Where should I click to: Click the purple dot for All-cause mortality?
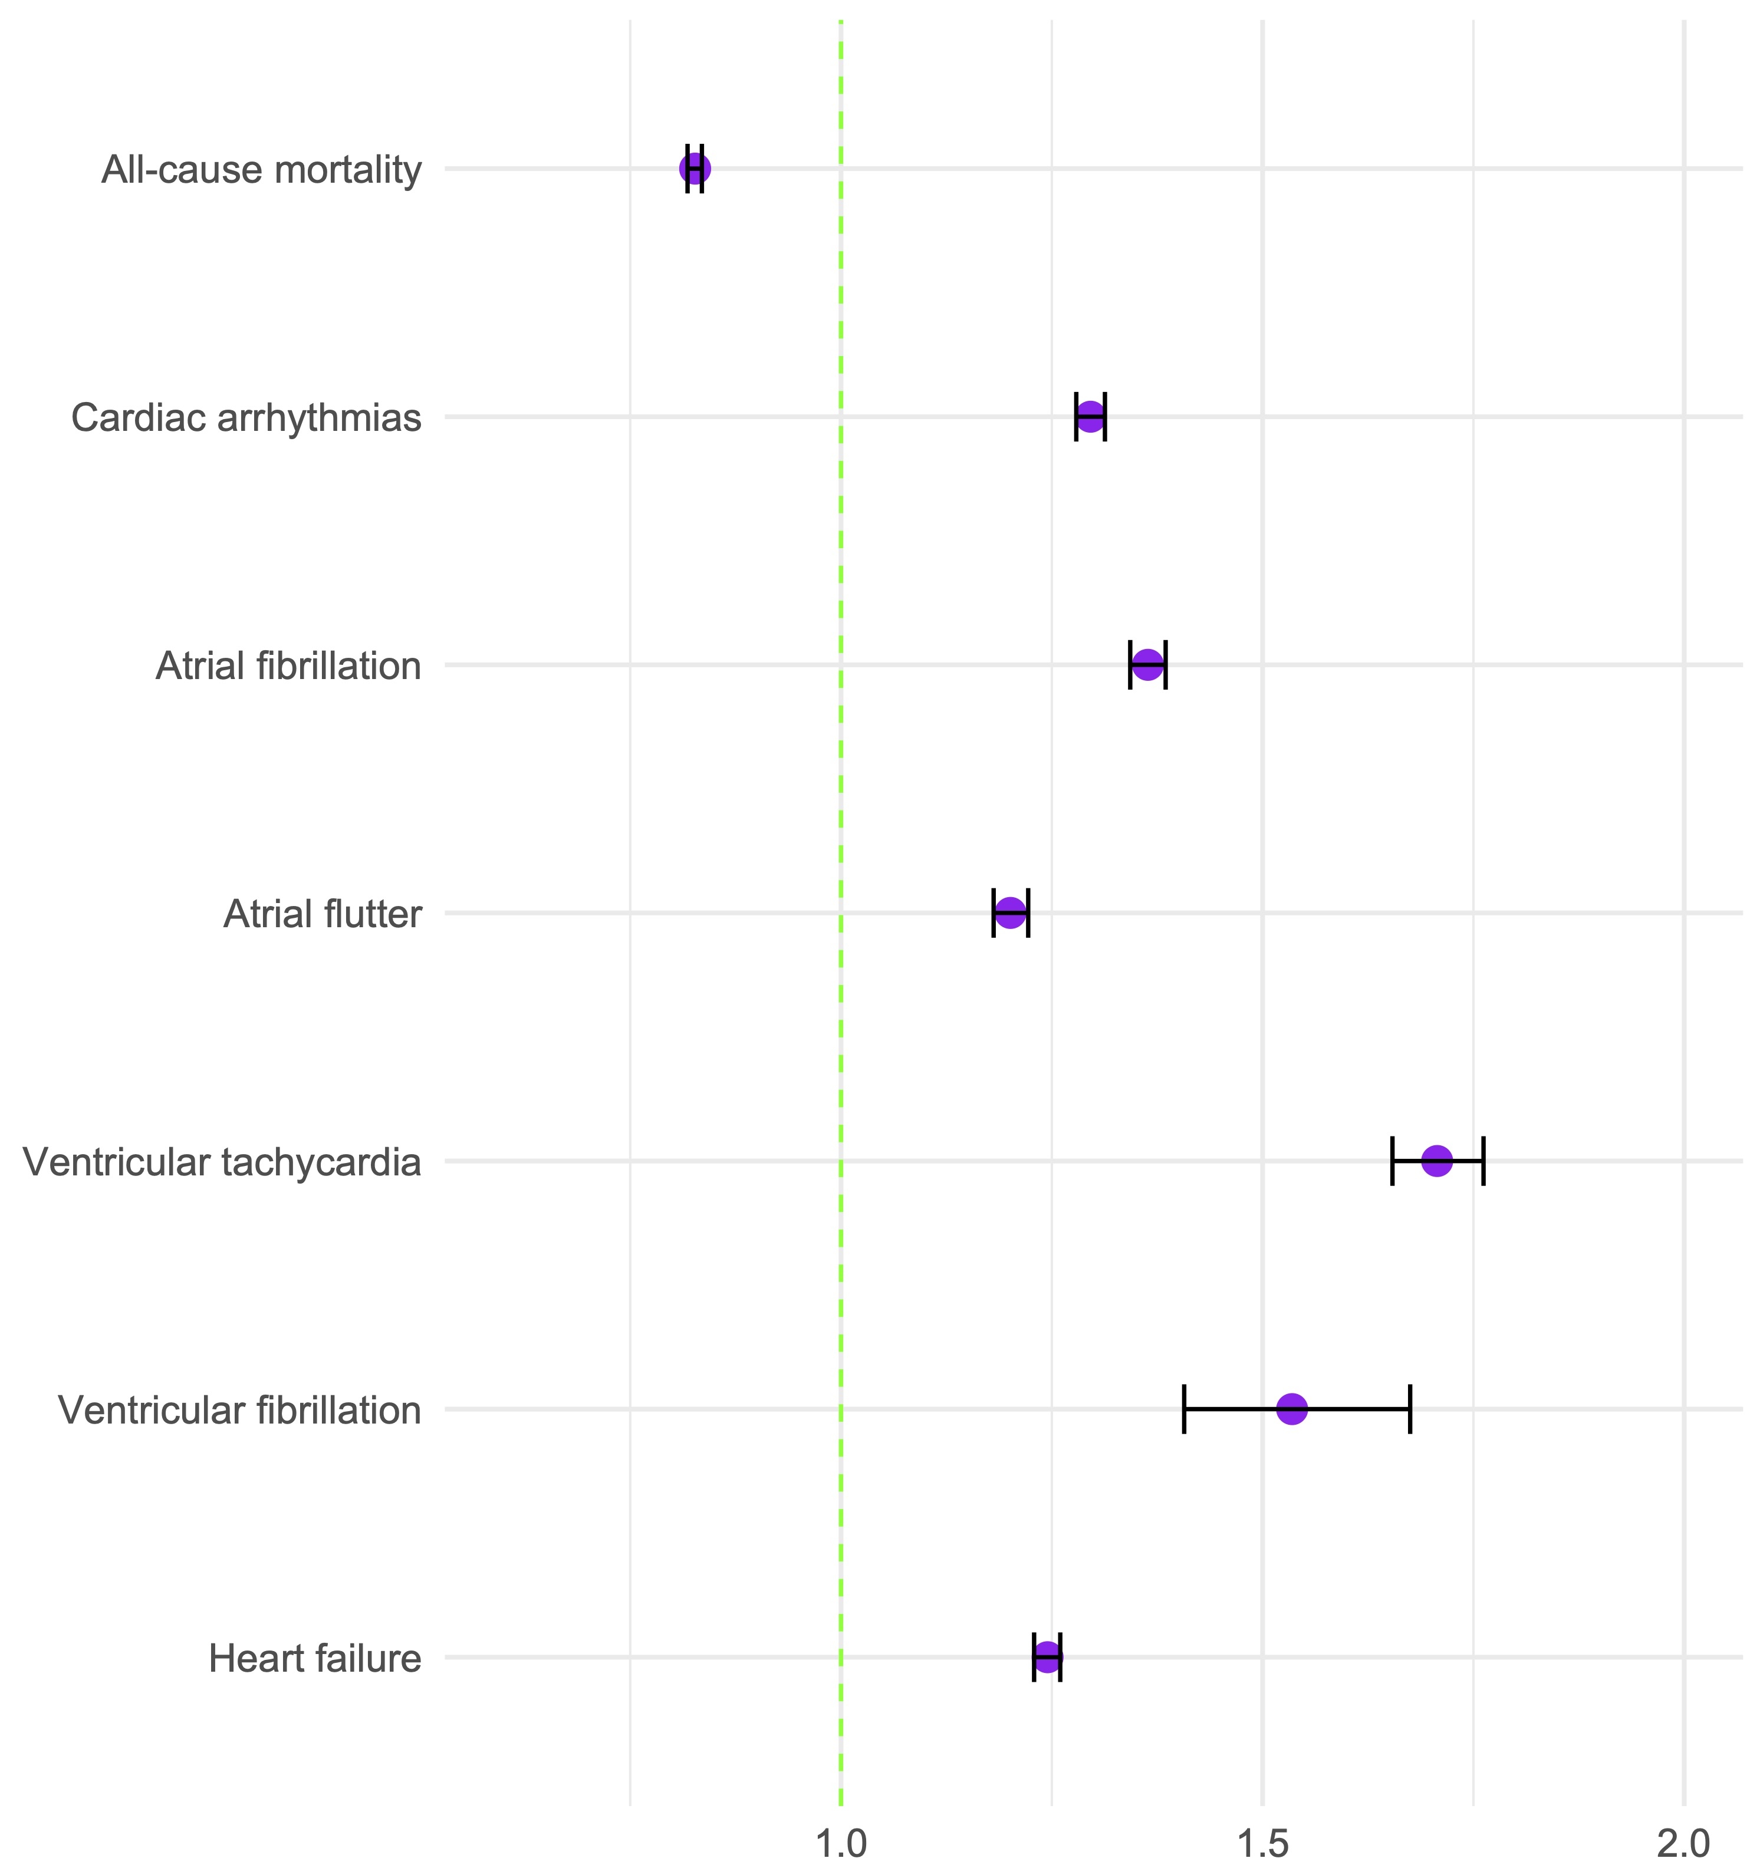[x=695, y=169]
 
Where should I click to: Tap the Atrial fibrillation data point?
[x=1147, y=666]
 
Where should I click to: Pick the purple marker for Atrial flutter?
[x=1011, y=912]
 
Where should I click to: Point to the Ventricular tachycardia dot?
[x=1437, y=1161]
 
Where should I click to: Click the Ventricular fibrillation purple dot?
[x=1292, y=1409]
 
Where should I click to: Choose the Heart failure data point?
[x=1047, y=1658]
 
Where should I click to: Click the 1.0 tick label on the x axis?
[x=840, y=1844]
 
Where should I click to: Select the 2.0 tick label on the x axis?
[x=1684, y=1844]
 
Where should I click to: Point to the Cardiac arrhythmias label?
[x=246, y=418]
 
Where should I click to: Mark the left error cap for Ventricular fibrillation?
[x=1184, y=1409]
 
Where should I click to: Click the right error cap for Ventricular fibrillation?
[x=1410, y=1409]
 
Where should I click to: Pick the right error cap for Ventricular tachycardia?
[x=1483, y=1161]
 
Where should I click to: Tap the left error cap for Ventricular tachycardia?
[x=1392, y=1161]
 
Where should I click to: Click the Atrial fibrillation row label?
[x=288, y=666]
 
